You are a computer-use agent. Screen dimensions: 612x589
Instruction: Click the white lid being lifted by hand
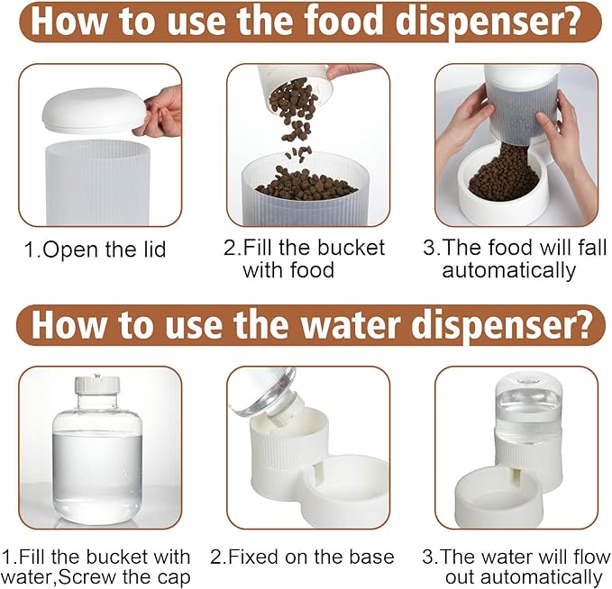pyautogui.click(x=94, y=110)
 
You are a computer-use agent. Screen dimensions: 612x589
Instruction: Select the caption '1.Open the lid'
pyautogui.click(x=96, y=249)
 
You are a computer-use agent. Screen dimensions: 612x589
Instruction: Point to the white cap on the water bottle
pyautogui.click(x=97, y=385)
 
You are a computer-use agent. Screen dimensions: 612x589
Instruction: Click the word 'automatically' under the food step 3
pyautogui.click(x=509, y=270)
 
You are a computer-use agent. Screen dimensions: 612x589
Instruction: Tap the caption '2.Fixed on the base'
pyautogui.click(x=302, y=557)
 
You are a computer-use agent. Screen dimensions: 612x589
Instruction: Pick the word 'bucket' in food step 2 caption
pyautogui.click(x=351, y=248)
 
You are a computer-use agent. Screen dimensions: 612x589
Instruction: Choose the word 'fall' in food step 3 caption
pyautogui.click(x=591, y=248)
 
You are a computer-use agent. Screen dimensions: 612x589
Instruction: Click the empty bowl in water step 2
pyautogui.click(x=345, y=487)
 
